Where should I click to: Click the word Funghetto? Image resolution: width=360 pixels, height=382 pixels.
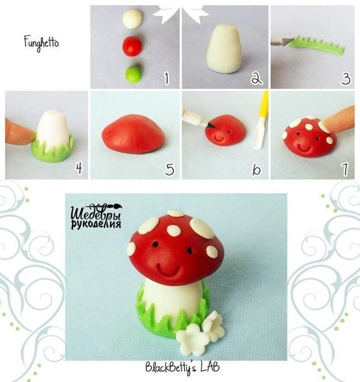[x=41, y=43]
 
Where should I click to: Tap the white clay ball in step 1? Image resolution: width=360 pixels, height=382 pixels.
[x=132, y=19]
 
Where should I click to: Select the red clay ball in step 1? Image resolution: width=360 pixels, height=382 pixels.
[x=132, y=46]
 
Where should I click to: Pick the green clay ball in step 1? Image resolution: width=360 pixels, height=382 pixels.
[x=133, y=74]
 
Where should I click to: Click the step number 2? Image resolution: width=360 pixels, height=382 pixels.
[x=256, y=78]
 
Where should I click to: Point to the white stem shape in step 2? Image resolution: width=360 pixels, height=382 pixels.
[x=225, y=49]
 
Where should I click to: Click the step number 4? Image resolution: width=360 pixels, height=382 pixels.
[x=78, y=168]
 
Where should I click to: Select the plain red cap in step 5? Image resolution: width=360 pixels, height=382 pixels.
[x=133, y=134]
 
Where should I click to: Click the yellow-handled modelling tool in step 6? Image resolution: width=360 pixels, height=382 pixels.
[x=261, y=120]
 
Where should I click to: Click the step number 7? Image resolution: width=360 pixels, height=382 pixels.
[x=345, y=169]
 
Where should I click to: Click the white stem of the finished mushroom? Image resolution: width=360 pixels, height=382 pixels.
[x=173, y=300]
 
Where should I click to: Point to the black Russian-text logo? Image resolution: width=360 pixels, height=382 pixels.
[x=96, y=216]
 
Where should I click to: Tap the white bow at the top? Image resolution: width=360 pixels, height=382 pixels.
[x=180, y=11]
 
